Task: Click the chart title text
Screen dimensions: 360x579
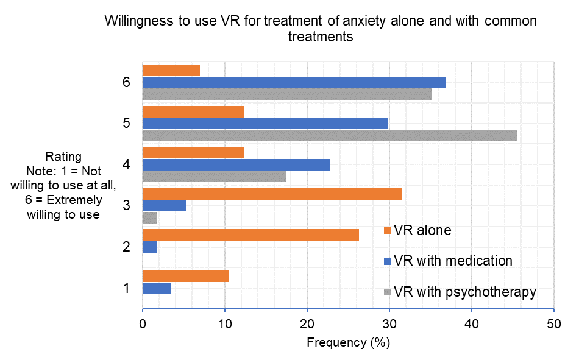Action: coord(321,29)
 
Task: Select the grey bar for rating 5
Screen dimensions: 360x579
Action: coord(330,135)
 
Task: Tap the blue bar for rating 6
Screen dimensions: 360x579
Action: coord(294,82)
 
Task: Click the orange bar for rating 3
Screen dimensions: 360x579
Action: coord(272,194)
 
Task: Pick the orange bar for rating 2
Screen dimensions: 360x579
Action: coord(250,235)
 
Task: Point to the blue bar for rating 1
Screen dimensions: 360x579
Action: coord(157,288)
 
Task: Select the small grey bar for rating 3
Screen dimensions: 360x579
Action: coord(150,217)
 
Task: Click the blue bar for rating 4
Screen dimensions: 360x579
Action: coord(236,164)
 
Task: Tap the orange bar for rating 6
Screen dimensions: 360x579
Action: coord(171,71)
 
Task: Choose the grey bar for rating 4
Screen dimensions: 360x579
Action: coord(215,176)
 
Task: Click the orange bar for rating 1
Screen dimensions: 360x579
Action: coord(185,277)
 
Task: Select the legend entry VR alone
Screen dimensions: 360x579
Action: coord(422,230)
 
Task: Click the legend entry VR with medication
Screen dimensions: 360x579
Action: coord(453,261)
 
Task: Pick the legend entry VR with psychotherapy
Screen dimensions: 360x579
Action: coord(464,292)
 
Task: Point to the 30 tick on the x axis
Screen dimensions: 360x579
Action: coord(389,325)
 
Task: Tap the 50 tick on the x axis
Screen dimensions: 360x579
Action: coord(553,325)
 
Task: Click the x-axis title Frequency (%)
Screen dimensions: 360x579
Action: coord(347,342)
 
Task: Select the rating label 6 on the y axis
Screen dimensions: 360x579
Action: coord(126,83)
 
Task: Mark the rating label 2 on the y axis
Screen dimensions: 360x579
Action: coord(126,247)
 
